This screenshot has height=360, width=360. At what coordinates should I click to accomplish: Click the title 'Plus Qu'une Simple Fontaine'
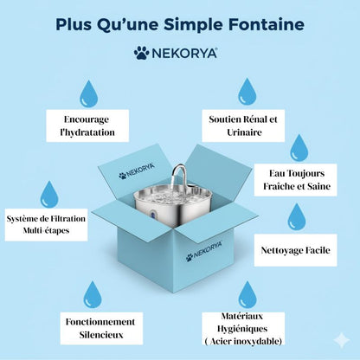pos(179,23)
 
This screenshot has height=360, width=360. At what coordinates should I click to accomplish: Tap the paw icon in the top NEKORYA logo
pos(141,53)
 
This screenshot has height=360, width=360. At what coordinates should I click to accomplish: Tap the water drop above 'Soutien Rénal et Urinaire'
pos(247,92)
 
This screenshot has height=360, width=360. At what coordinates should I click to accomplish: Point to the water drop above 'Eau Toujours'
pos(299,148)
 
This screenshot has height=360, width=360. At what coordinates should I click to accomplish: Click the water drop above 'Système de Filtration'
pos(48,194)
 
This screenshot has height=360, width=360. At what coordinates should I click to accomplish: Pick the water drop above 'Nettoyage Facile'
pos(296,216)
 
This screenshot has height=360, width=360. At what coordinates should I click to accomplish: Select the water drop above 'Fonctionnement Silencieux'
pos(93,294)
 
